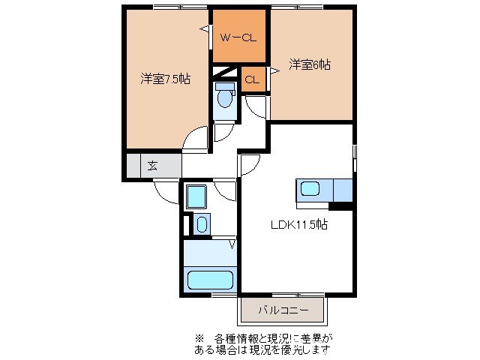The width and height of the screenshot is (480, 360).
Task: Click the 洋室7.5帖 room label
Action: (x=165, y=79)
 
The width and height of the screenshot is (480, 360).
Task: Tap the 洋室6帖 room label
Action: (x=309, y=65)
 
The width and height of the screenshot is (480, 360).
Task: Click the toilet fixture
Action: (x=224, y=95)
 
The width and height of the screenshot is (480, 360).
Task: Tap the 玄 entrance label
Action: (x=152, y=166)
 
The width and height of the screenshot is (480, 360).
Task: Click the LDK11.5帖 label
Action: (x=298, y=223)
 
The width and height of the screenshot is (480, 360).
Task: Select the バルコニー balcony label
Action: (x=283, y=308)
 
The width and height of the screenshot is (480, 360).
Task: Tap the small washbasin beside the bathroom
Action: (x=201, y=223)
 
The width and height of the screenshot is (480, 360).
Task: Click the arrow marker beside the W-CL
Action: (x=204, y=29)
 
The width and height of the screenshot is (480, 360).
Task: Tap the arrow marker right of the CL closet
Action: (x=274, y=70)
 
